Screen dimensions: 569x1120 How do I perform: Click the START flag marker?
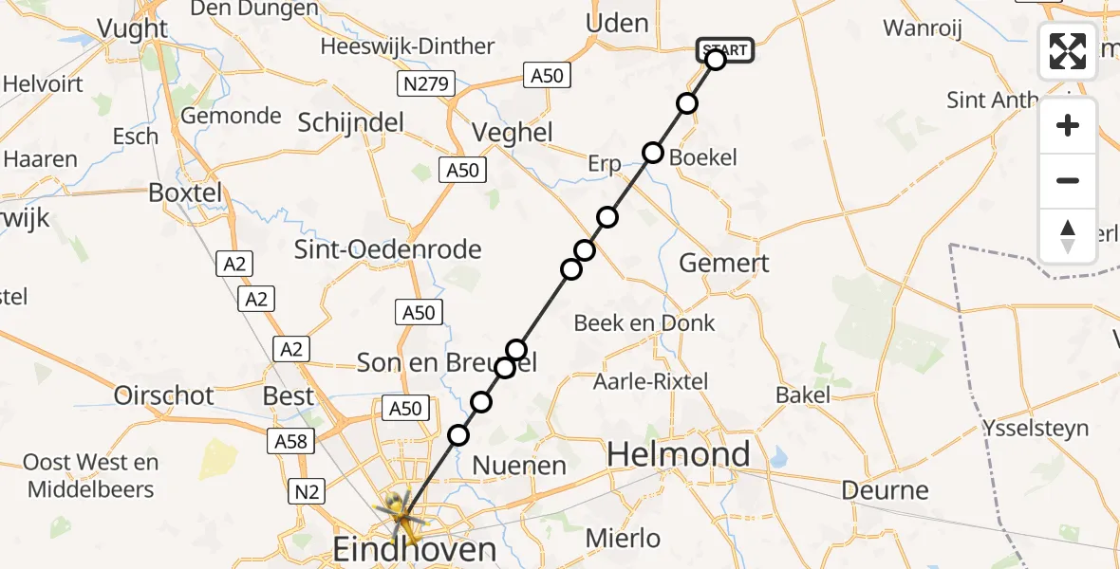pyautogui.click(x=725, y=49)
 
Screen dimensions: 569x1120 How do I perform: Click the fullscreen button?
pyautogui.click(x=1068, y=50)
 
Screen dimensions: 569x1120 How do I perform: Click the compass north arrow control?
pyautogui.click(x=1068, y=236)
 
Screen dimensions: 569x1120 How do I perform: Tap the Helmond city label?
pyautogui.click(x=679, y=455)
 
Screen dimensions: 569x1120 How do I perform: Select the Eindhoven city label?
pyautogui.click(x=414, y=549)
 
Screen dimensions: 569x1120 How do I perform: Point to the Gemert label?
pyautogui.click(x=725, y=263)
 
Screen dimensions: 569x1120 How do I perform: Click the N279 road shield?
pyautogui.click(x=428, y=83)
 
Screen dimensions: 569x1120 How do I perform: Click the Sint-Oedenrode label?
pyautogui.click(x=388, y=250)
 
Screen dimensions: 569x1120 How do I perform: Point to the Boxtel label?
pyautogui.click(x=185, y=193)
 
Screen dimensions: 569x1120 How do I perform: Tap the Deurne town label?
pyautogui.click(x=885, y=490)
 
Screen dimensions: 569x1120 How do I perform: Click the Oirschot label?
pyautogui.click(x=164, y=395)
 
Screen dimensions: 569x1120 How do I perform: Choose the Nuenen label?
pyautogui.click(x=519, y=466)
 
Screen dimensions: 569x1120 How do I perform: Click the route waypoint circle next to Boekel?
pyautogui.click(x=653, y=153)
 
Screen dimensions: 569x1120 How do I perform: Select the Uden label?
pyautogui.click(x=618, y=23)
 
